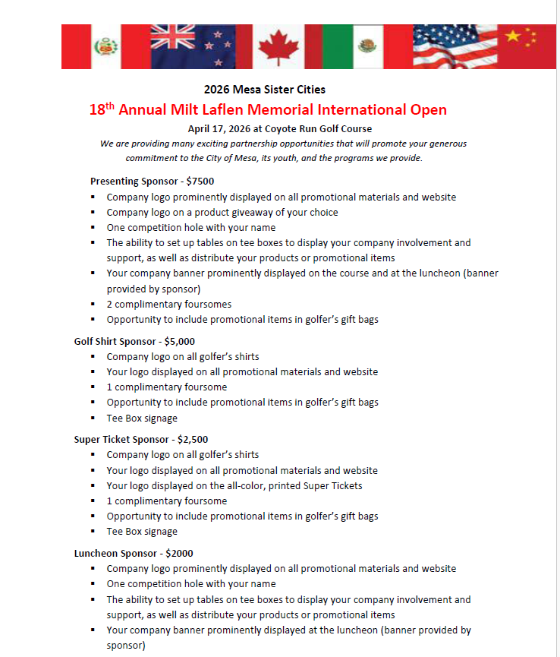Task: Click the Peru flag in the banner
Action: point(105,46)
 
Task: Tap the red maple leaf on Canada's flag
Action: point(275,48)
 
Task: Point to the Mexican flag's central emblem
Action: point(369,46)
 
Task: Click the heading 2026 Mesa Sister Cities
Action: point(265,90)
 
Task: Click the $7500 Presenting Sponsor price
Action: point(200,182)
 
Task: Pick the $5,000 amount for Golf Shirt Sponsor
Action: point(179,341)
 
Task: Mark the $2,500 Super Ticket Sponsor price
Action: point(193,439)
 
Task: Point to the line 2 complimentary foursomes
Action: point(169,304)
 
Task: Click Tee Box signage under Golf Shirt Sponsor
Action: point(142,418)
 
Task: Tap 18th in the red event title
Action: point(102,109)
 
